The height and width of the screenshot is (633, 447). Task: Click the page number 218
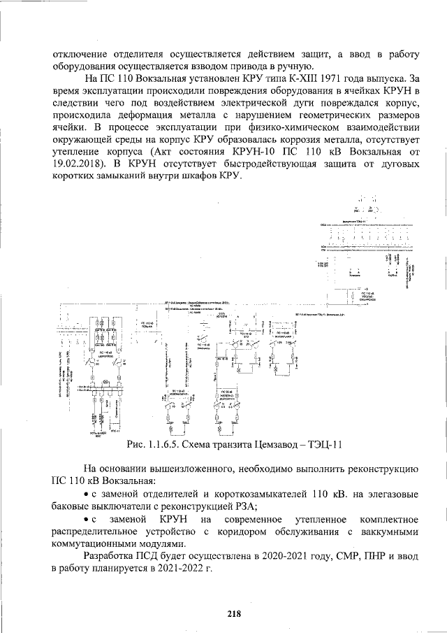pos(234,614)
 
